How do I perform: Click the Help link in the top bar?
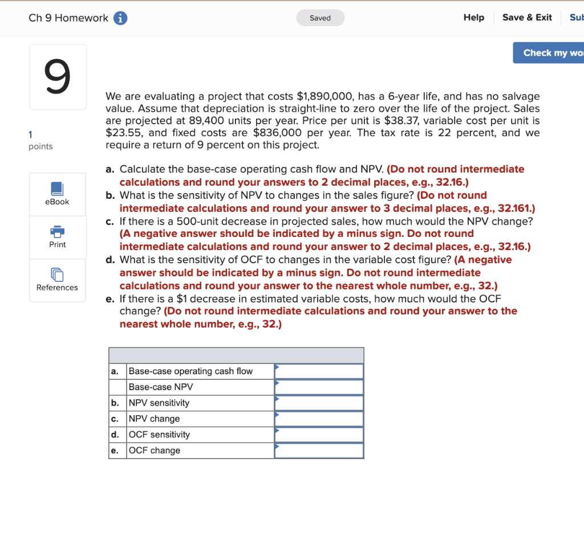[473, 18]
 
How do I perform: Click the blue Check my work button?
[548, 53]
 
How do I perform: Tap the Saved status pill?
[320, 18]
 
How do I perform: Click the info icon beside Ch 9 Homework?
[120, 18]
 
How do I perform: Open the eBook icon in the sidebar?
[58, 189]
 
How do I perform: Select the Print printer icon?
[58, 231]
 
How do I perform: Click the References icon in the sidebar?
[58, 275]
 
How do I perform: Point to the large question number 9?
[58, 77]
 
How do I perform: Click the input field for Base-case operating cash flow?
[319, 371]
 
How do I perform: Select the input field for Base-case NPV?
[319, 387]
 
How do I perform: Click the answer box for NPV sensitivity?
[319, 403]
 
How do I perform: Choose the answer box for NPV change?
[319, 419]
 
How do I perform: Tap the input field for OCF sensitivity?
[319, 435]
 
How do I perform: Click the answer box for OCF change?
[319, 451]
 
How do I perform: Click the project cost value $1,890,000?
[327, 97]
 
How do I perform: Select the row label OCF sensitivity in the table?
[159, 435]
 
